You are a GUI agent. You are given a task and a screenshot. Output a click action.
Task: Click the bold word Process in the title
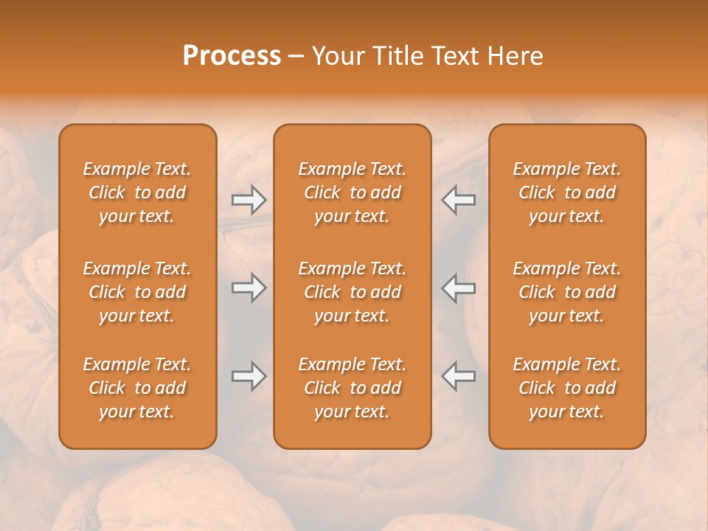coord(232,55)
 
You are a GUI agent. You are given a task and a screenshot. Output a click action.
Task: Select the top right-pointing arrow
coord(249,199)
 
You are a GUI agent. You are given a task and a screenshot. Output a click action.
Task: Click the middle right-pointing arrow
coord(249,288)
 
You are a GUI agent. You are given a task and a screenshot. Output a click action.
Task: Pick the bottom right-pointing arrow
coord(249,376)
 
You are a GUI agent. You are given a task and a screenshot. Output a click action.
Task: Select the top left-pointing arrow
coord(459,199)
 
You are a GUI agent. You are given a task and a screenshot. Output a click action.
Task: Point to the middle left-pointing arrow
coord(459,288)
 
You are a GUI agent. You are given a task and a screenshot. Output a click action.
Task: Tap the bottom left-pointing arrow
coord(459,376)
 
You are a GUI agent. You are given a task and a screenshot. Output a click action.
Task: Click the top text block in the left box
coord(137,192)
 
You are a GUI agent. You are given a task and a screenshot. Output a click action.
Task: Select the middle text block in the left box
coord(137,292)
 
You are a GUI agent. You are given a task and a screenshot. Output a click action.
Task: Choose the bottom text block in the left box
coord(137,388)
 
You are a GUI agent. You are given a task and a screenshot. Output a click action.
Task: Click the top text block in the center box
coord(353,192)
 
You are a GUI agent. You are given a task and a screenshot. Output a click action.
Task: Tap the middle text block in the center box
coord(353,292)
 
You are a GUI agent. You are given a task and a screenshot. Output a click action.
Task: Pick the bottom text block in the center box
coord(353,388)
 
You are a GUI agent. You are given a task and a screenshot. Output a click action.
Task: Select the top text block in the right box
coord(567,192)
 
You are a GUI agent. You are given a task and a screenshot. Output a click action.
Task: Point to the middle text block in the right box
coord(567,292)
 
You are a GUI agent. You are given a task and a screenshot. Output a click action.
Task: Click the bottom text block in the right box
coord(567,388)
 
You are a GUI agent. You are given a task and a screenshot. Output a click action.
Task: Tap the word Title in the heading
coord(400,55)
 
